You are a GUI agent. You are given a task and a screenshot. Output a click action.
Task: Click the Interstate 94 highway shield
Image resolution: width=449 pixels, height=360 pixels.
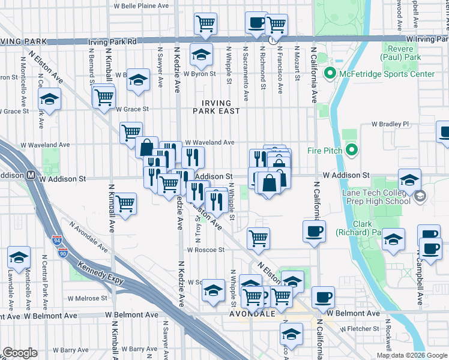pos(57,239)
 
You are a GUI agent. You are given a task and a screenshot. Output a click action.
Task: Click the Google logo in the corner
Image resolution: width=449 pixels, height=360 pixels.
pos(20,352)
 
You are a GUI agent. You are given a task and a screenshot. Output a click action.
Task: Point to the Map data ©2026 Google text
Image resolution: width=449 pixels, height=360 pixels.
pos(411,355)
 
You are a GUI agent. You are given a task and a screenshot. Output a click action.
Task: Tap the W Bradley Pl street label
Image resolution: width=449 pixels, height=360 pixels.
pos(390,124)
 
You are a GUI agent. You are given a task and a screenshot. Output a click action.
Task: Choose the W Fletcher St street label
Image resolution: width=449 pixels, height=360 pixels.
pos(361,329)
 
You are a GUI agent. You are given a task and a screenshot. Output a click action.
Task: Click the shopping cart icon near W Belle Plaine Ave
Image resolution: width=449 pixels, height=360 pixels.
pos(205,23)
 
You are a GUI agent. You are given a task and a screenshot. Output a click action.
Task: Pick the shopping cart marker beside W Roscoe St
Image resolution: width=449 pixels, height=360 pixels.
pos(258,238)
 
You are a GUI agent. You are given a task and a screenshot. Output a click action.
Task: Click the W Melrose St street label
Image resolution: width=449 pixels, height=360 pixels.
pos(87,298)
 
